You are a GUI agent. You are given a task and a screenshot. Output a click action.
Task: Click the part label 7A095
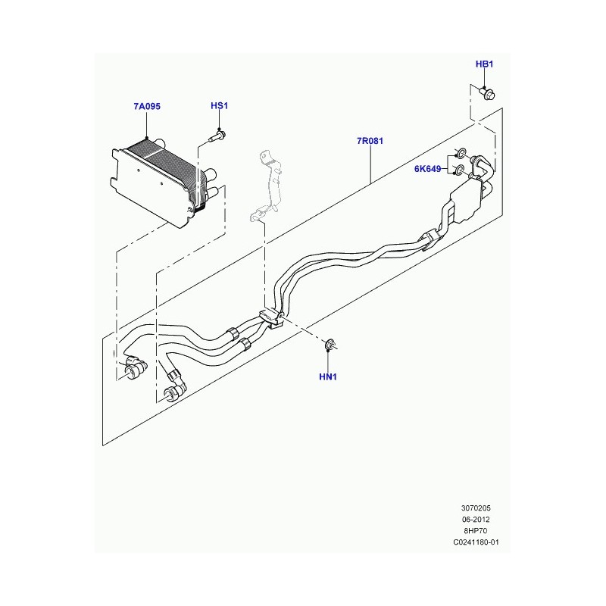(x=147, y=106)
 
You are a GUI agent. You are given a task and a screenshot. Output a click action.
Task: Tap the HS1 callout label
(x=219, y=105)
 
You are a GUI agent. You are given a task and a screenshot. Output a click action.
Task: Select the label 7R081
(x=370, y=141)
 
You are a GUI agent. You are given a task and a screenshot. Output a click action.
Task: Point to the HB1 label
(x=484, y=64)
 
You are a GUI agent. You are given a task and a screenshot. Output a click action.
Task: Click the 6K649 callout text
(x=427, y=169)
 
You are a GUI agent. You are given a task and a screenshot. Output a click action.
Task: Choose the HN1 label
(x=328, y=376)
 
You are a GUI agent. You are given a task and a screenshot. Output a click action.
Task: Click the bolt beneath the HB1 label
(x=487, y=93)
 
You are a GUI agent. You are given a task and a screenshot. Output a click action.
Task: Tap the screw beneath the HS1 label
(x=217, y=136)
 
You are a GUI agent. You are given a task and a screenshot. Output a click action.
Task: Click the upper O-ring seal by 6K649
(x=462, y=153)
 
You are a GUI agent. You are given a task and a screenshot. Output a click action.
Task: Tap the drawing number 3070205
(x=476, y=508)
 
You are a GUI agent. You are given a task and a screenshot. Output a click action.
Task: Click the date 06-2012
(x=476, y=520)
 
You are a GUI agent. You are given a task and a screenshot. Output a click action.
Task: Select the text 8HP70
(x=476, y=531)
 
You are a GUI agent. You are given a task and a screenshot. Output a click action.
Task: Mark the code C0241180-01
(x=476, y=542)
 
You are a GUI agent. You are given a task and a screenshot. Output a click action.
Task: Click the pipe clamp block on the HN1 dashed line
(x=273, y=319)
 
